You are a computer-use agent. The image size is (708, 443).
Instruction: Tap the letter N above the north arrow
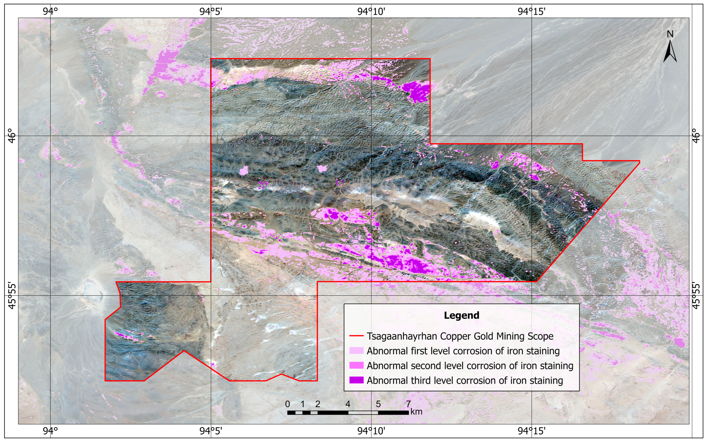coord(670,34)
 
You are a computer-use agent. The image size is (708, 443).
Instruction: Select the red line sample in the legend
coord(356,336)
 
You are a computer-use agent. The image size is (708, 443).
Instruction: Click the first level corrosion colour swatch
coord(356,351)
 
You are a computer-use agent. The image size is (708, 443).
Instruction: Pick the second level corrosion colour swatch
coord(356,365)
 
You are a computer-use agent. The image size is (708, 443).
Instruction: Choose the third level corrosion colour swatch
coord(356,380)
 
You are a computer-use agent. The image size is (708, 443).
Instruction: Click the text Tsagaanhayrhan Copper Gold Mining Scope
coord(460,336)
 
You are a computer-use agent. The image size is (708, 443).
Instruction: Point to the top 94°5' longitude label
coord(211,11)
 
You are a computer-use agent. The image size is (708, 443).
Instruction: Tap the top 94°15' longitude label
coord(531,11)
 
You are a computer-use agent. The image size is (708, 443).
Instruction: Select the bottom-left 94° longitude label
coord(50,431)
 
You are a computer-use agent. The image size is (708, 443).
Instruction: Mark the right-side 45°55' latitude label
coord(696,295)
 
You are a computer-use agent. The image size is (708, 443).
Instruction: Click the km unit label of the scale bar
coord(416,412)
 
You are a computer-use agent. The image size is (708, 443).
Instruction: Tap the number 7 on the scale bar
coord(408,404)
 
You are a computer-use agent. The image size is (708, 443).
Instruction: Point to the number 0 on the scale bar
coord(288,404)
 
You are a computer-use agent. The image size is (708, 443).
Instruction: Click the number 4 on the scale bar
coord(348,404)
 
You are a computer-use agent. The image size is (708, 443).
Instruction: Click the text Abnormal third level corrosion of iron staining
coord(465,380)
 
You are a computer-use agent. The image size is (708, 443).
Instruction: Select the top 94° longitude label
coord(50,11)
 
